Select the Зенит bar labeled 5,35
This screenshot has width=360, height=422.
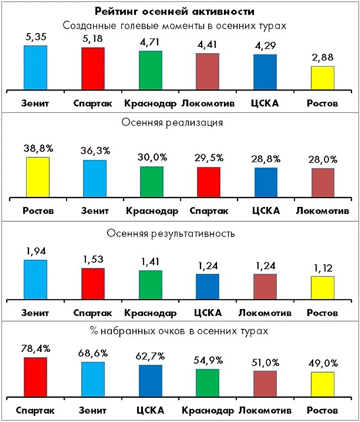pos(36,68)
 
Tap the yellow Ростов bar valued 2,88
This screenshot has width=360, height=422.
pos(323,78)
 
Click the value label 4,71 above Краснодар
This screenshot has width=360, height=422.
pos(150,42)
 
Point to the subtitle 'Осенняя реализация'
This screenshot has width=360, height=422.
pos(180,123)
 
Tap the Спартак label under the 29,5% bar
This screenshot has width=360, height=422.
pos(209,211)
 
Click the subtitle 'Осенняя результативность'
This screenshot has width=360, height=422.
pos(180,233)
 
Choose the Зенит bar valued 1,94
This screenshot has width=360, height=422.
pos(36,279)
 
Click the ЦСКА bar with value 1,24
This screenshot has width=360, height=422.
pos(208,286)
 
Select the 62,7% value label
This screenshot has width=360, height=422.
pos(150,356)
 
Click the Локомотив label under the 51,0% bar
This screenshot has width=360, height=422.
pos(265,411)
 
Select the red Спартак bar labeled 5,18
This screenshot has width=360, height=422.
pos(93,69)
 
